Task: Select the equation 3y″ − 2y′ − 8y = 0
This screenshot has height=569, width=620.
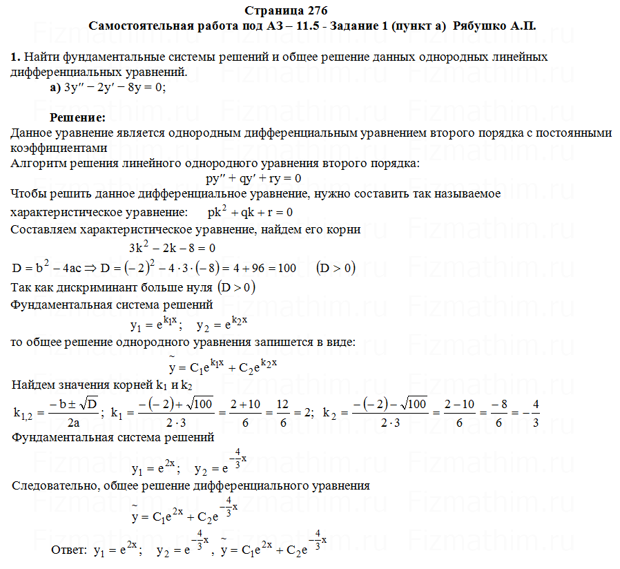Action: point(115,88)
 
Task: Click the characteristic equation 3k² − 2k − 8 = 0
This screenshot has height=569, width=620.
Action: point(172,247)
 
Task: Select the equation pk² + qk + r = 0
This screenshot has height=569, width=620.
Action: point(250,211)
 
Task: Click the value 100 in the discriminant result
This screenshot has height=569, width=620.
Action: point(287,267)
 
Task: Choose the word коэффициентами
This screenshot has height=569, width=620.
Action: point(59,148)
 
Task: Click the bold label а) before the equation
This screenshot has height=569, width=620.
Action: point(55,88)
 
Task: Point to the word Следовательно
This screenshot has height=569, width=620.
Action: point(53,485)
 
